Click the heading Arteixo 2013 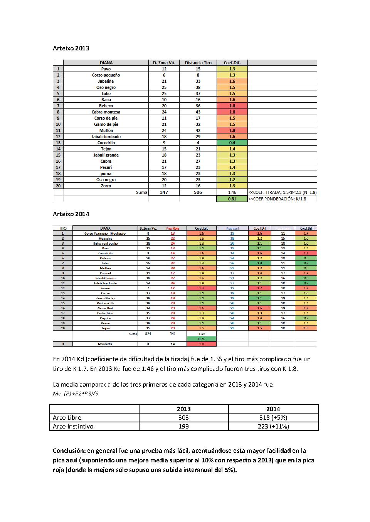click(71, 48)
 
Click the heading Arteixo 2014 click(71, 214)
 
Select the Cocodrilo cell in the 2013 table click(106, 143)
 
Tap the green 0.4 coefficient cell click(232, 143)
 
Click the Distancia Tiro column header click(198, 63)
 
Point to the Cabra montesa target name click(106, 112)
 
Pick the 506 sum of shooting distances click(198, 192)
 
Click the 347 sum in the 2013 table click(164, 192)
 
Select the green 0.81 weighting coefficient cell click(232, 199)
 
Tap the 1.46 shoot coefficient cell click(232, 192)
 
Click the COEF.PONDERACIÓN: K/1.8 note click(277, 199)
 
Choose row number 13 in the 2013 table click(58, 143)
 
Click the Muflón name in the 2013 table click(106, 130)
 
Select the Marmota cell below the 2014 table click(105, 344)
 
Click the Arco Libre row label click(67, 417)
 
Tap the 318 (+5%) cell click(273, 417)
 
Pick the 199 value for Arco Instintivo click(183, 426)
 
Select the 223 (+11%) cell click(273, 426)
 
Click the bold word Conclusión click(69, 450)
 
